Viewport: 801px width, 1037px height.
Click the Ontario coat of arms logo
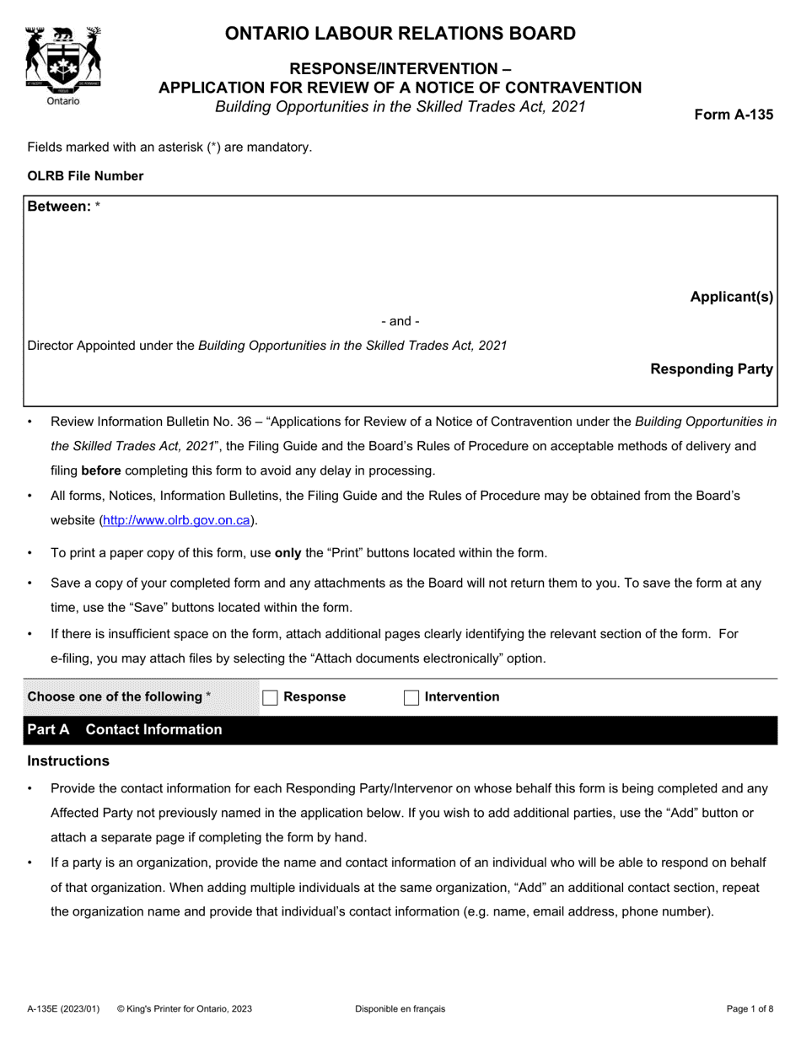(x=63, y=57)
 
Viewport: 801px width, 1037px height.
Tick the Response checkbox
(x=271, y=697)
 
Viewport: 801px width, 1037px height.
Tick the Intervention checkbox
(x=411, y=697)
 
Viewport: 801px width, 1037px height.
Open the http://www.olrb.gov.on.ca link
(x=176, y=520)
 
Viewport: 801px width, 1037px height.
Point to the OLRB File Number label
(x=85, y=176)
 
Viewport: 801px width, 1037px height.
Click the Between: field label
(x=59, y=207)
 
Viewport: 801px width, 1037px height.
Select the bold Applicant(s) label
(x=731, y=297)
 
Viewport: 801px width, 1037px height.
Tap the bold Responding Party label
(x=711, y=369)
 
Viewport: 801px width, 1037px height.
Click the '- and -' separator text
(x=400, y=321)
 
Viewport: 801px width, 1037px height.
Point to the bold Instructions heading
(x=68, y=761)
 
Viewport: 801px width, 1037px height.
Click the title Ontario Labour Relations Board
(x=400, y=34)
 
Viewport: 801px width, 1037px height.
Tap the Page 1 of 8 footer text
(x=750, y=1008)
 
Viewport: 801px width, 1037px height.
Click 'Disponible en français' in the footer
(x=400, y=1008)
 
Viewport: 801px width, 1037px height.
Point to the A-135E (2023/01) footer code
(x=62, y=1008)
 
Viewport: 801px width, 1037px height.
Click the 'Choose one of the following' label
(x=119, y=696)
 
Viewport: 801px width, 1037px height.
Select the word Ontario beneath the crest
(x=63, y=101)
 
